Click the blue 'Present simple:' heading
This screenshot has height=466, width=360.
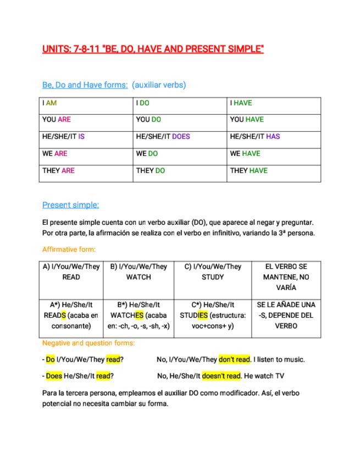point(70,205)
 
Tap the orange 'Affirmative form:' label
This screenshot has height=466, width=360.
point(69,249)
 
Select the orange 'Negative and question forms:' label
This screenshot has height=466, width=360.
point(88,343)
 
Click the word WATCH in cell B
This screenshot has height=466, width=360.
point(139,277)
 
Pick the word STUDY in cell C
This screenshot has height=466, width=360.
point(213,277)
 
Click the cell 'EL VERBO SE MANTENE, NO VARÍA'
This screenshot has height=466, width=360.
point(286,277)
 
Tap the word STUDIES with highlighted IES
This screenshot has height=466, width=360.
point(194,315)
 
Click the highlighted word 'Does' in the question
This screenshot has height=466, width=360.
point(54,376)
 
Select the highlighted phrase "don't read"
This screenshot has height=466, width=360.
point(235,359)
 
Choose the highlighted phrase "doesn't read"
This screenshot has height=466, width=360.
point(221,376)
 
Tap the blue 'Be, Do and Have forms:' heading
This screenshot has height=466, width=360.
point(85,85)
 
